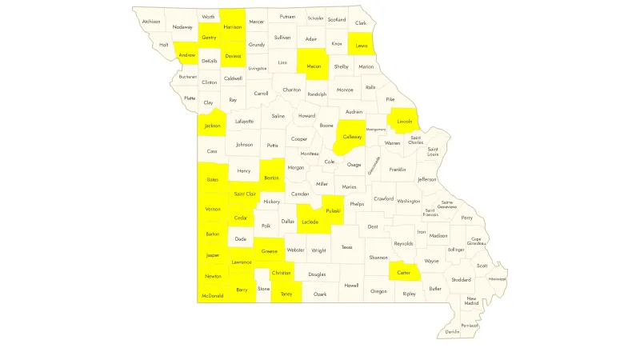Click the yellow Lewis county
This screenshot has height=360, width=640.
(362, 46)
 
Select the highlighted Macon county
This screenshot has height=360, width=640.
(313, 65)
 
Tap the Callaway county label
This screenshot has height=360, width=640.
(352, 138)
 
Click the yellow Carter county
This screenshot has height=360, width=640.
(404, 273)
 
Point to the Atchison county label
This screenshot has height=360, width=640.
(151, 22)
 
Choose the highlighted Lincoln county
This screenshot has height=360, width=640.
(404, 122)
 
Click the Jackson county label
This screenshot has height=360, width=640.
(212, 126)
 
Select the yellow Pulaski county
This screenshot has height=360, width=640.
(334, 210)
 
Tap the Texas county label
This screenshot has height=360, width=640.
(346, 247)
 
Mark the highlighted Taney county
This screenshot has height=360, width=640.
(286, 294)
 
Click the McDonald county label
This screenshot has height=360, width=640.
(213, 295)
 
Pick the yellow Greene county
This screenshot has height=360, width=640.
(270, 251)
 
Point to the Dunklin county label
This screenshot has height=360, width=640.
(452, 331)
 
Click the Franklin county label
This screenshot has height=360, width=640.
(398, 170)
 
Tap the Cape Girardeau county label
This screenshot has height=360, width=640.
(477, 240)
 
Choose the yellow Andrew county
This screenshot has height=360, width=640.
(187, 55)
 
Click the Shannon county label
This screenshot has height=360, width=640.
(378, 258)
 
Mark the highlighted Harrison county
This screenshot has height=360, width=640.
(233, 27)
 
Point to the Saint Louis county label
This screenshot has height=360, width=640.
(433, 150)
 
